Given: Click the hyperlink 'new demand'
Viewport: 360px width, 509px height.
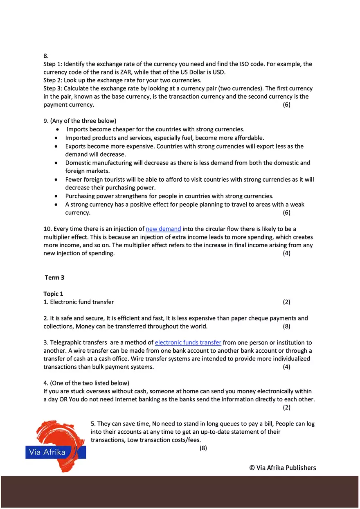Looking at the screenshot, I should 163,229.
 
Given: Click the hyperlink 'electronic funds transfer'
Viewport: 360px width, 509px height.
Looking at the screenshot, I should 188,342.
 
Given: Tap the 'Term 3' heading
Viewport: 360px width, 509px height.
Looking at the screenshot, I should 54,278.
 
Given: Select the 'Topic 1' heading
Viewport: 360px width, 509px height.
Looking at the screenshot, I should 53,294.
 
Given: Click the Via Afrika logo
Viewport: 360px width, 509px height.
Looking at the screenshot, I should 56,446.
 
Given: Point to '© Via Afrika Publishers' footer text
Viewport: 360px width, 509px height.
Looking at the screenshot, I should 283,468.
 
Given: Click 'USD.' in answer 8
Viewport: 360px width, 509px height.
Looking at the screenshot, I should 218,72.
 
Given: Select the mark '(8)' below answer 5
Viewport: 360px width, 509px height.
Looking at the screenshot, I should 203,448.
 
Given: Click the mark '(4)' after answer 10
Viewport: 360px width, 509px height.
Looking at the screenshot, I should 286,253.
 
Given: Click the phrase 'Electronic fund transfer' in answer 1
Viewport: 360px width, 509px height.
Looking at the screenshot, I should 82,302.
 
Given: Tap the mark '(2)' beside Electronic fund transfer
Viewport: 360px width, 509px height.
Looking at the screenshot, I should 286,302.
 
